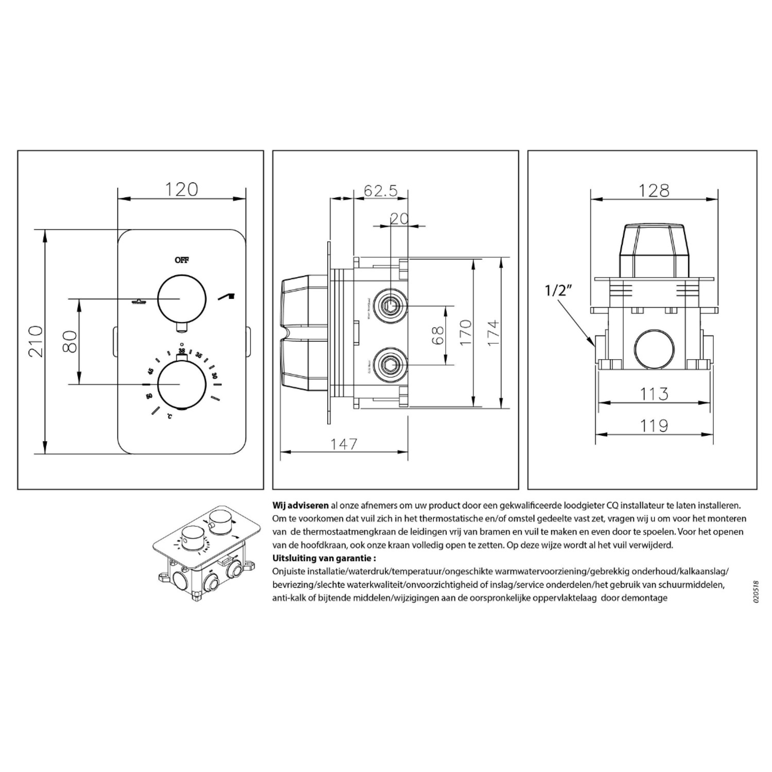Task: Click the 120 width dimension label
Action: click(x=181, y=189)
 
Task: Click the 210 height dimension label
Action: click(x=35, y=341)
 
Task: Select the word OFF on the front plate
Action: click(x=182, y=260)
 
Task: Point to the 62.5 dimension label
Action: click(x=381, y=191)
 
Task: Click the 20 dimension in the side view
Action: click(x=399, y=219)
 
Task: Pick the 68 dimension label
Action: click(x=438, y=336)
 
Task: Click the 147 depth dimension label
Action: click(x=343, y=443)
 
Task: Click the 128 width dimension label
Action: click(x=654, y=190)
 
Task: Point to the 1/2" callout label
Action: click(x=559, y=291)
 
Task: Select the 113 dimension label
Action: click(x=654, y=394)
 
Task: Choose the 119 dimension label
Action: click(x=654, y=426)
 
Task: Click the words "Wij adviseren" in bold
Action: click(x=300, y=506)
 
